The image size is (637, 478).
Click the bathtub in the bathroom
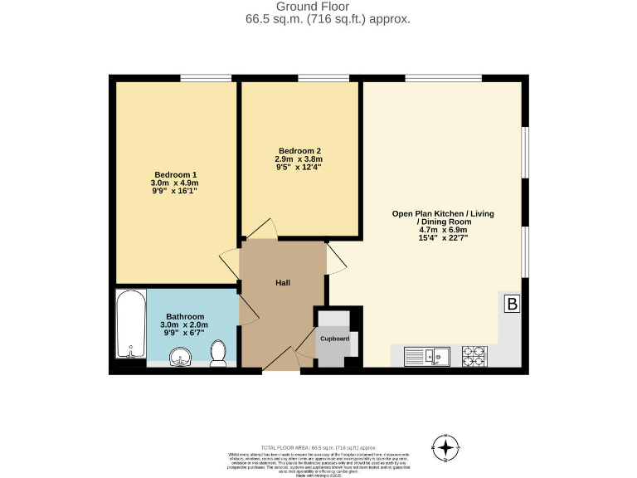(130, 324)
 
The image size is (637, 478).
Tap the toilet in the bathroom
(219, 354)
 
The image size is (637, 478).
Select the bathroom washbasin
(181, 358)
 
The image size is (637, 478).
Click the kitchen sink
(426, 356)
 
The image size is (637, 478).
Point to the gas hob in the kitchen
(474, 356)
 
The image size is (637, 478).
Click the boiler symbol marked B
(512, 305)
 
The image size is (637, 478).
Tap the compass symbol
(445, 448)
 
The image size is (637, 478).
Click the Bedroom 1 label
(174, 174)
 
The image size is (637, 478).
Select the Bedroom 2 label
(298, 150)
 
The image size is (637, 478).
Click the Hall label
(283, 284)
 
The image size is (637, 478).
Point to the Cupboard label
(335, 339)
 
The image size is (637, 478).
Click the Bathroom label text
(185, 316)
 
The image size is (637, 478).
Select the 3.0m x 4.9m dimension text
(174, 183)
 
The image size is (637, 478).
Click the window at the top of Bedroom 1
(206, 79)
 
